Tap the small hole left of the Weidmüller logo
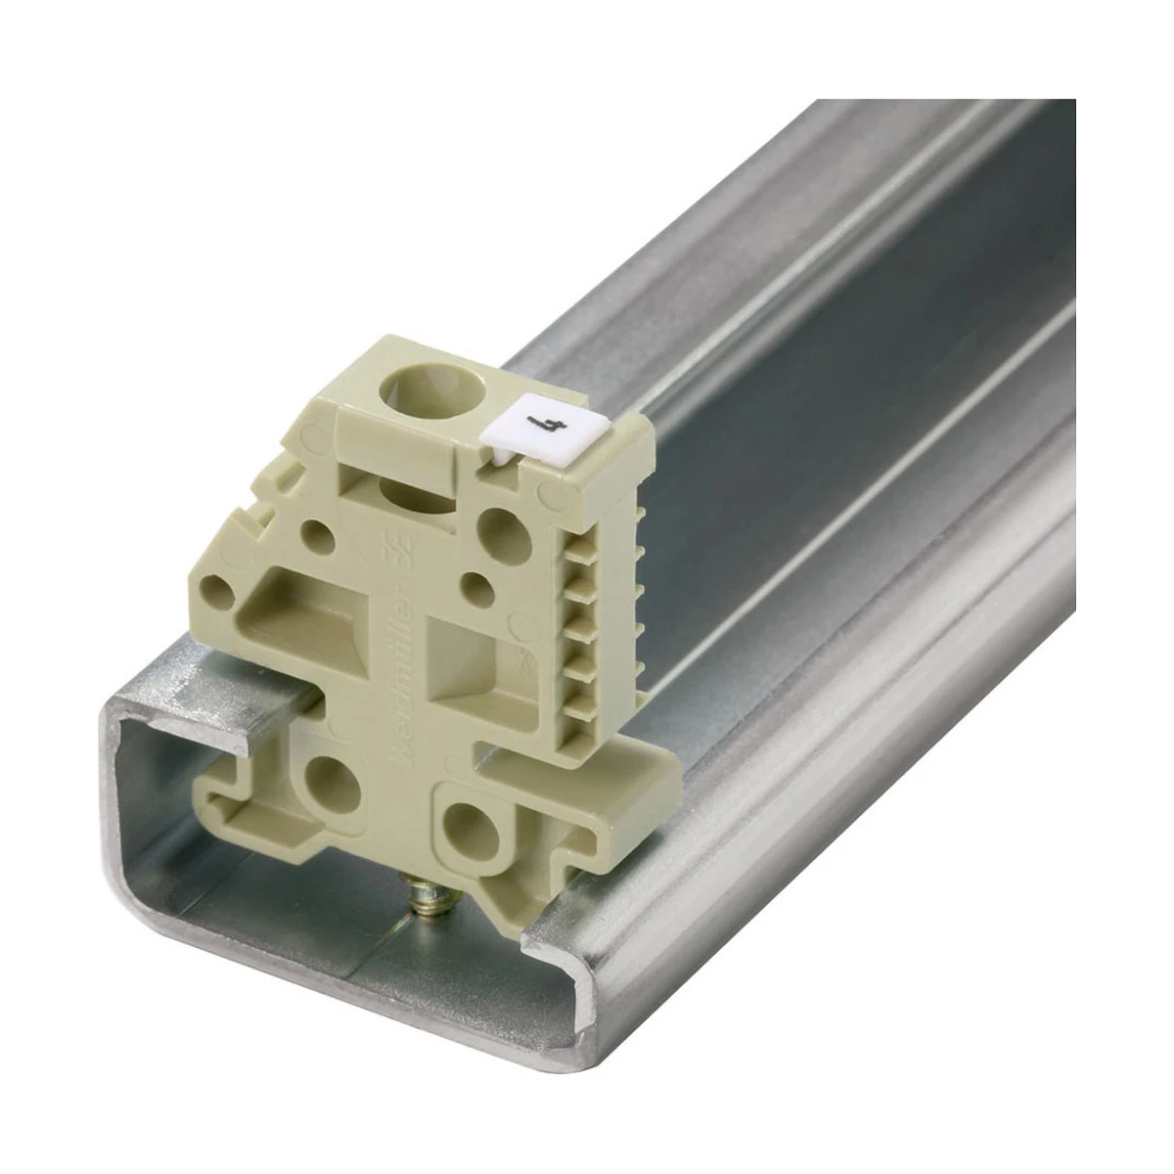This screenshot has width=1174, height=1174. [317, 533]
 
